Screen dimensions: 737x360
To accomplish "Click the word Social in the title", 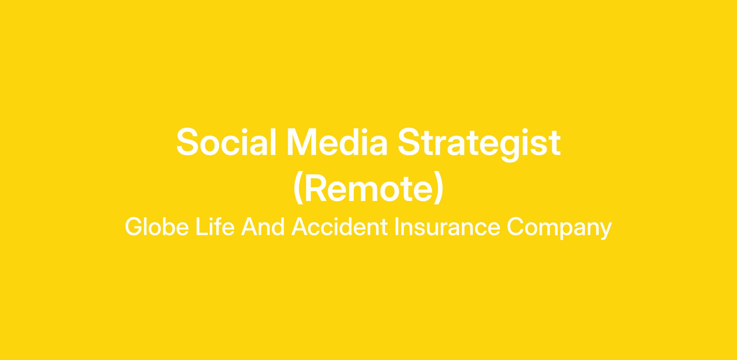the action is tap(226, 142).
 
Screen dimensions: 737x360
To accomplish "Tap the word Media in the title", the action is tap(337, 142).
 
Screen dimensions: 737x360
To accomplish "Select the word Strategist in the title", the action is tap(479, 144).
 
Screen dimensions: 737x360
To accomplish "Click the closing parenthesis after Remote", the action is tap(438, 188).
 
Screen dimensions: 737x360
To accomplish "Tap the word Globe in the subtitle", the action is tap(157, 227).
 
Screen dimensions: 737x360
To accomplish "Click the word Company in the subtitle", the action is tap(559, 229).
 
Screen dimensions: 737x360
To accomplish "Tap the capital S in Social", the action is tap(187, 142).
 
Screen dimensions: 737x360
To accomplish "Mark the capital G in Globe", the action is tap(134, 227).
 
